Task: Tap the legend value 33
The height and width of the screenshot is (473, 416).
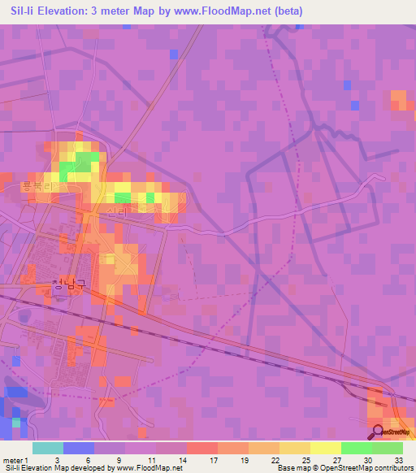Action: coord(398,459)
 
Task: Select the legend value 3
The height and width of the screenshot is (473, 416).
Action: coord(56,459)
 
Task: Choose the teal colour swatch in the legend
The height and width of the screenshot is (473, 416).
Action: coord(47,448)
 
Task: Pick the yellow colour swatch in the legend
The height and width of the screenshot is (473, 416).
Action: coord(325,448)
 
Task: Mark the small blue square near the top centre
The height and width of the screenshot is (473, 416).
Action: coord(173,54)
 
